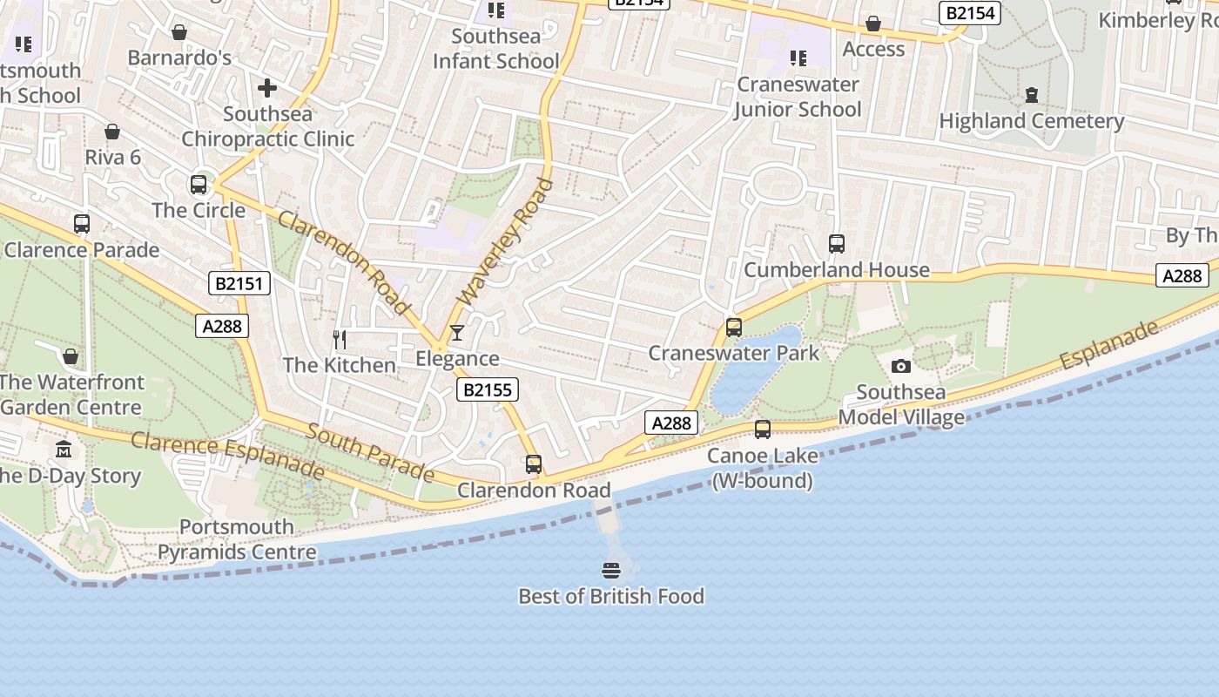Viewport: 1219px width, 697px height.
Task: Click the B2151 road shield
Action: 240,283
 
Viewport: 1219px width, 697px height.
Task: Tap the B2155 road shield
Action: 487,389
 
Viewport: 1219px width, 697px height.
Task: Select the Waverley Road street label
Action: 505,242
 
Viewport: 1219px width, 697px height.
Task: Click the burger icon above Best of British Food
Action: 611,571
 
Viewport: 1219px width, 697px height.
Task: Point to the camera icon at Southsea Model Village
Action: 901,366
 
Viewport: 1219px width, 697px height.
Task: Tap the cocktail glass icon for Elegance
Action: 456,333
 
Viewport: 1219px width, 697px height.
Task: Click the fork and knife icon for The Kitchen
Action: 340,339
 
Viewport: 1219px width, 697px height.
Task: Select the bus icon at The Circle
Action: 199,185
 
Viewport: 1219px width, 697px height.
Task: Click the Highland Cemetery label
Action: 1031,121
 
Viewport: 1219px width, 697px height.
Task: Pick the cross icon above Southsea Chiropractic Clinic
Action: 267,88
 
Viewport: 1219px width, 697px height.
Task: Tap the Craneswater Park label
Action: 733,353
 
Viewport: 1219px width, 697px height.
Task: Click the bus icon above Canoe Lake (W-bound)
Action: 763,430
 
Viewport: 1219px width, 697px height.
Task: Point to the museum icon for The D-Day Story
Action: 64,450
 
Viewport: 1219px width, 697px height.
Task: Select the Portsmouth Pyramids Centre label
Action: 237,539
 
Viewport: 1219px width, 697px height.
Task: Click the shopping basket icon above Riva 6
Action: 112,132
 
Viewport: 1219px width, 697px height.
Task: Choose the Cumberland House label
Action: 836,270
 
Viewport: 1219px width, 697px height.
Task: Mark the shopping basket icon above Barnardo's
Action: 179,32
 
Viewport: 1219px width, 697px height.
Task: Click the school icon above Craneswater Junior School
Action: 798,58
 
